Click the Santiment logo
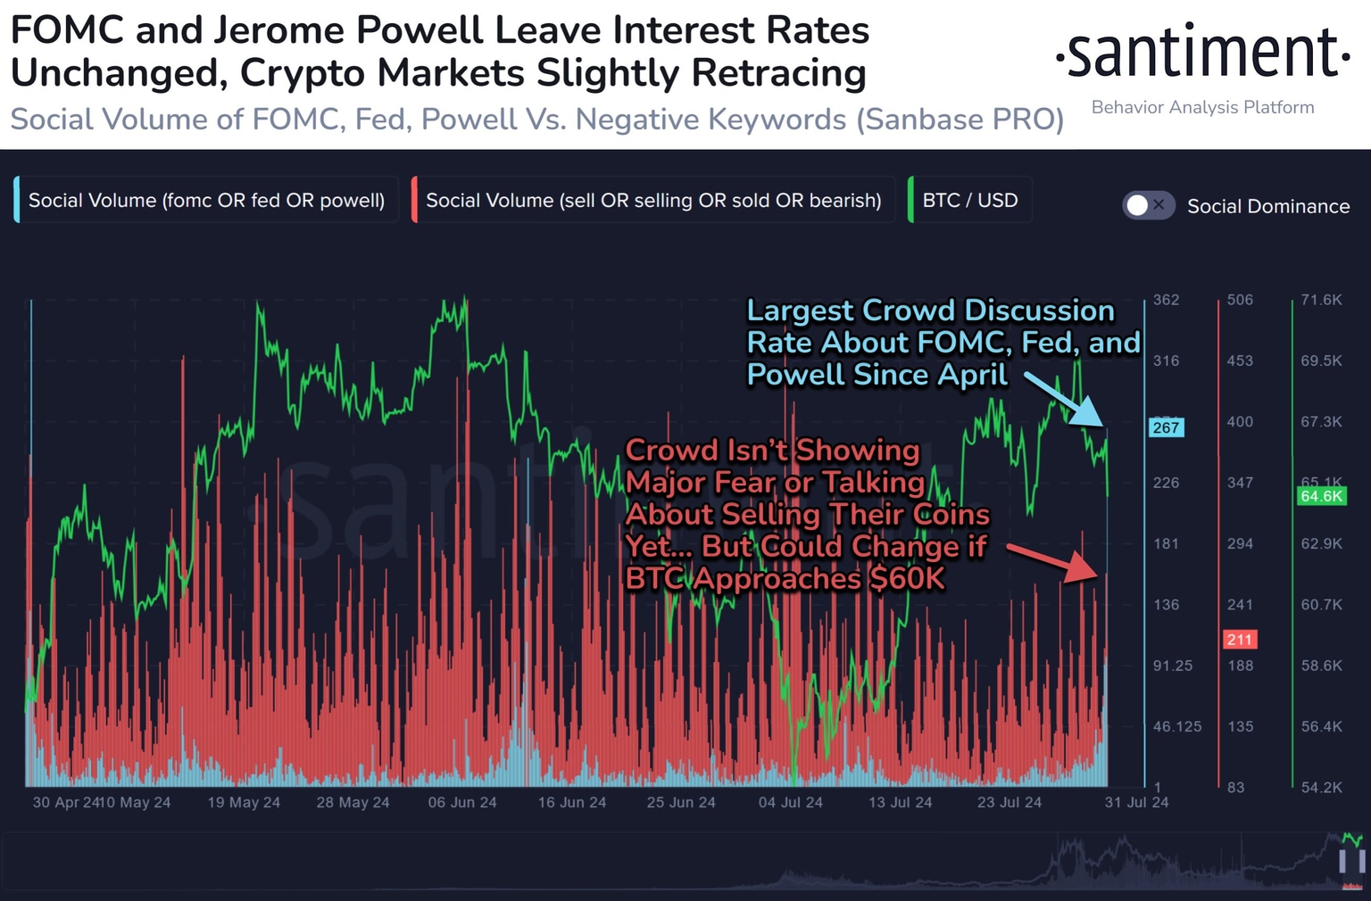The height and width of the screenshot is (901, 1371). pyautogui.click(x=1202, y=54)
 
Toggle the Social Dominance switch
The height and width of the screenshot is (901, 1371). pyautogui.click(x=1148, y=205)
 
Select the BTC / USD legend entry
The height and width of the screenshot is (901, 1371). pyautogui.click(x=969, y=200)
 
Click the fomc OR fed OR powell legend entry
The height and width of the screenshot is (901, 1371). pyautogui.click(x=206, y=200)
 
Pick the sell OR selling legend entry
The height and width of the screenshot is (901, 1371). pyautogui.click(x=653, y=200)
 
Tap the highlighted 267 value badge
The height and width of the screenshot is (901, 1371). pyautogui.click(x=1166, y=427)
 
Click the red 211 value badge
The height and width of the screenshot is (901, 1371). pyautogui.click(x=1239, y=639)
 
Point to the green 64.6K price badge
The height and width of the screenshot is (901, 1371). pyautogui.click(x=1321, y=496)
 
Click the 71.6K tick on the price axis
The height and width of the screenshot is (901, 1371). pyautogui.click(x=1321, y=300)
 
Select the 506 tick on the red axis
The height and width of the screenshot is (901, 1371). pyautogui.click(x=1240, y=300)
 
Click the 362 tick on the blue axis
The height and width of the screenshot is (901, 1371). pyautogui.click(x=1166, y=300)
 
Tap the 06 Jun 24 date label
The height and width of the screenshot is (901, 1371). pyautogui.click(x=462, y=802)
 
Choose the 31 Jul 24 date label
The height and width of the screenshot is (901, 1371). pyautogui.click(x=1136, y=802)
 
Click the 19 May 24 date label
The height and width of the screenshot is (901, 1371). pyautogui.click(x=244, y=802)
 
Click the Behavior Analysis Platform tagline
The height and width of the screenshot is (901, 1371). pyautogui.click(x=1202, y=107)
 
